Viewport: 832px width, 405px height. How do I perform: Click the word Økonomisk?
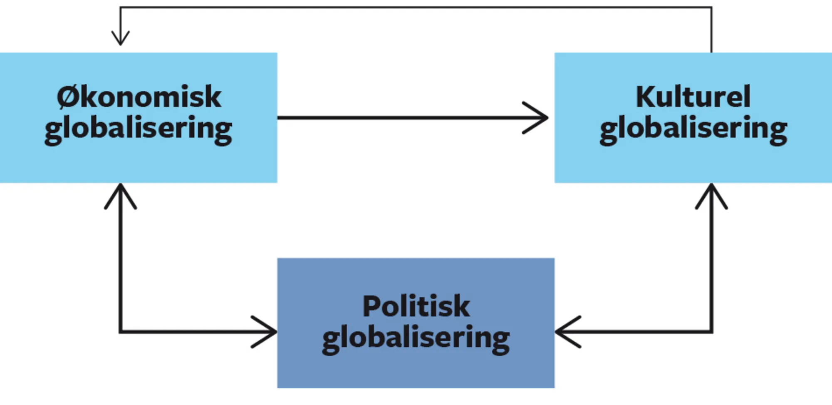coord(139,97)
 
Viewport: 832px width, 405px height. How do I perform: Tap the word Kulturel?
coord(693,97)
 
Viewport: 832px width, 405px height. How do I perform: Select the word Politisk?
coord(416,306)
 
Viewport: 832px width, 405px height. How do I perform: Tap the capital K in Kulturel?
coord(646,97)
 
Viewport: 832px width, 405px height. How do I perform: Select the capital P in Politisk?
coord(372,306)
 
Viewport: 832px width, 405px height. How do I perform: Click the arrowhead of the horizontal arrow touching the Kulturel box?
coord(541,118)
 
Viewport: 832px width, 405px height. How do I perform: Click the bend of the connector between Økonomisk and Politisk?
coord(120,332)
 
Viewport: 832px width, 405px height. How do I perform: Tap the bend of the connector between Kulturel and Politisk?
coord(711,332)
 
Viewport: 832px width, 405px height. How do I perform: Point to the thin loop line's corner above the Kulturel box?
coord(711,7)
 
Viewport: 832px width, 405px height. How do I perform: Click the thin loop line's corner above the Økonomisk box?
coord(120,7)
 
